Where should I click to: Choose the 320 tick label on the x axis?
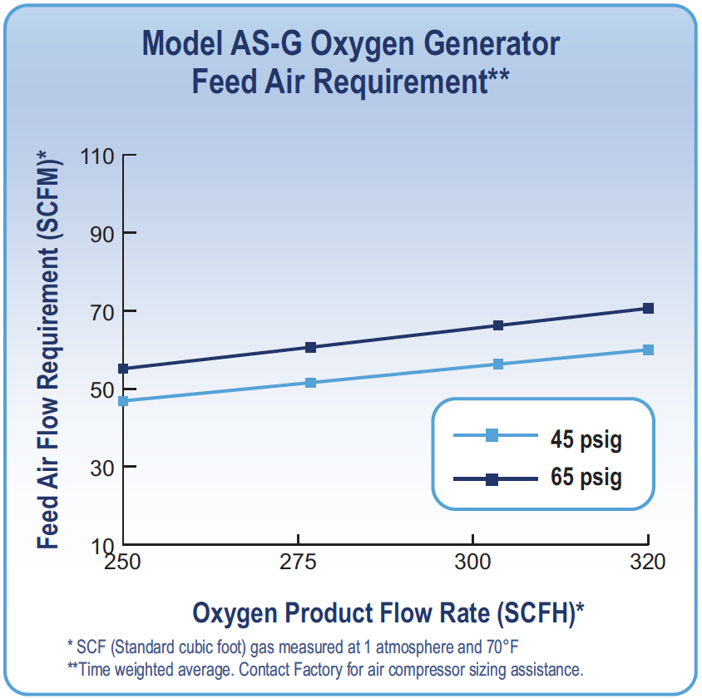647,563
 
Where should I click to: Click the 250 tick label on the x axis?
123,563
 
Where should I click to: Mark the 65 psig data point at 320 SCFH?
648,309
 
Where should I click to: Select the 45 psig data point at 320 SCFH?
648,350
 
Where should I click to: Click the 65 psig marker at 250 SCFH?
123,369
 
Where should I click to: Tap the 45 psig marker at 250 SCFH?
123,401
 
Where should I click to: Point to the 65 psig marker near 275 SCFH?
310,347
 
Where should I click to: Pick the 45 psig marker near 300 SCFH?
498,364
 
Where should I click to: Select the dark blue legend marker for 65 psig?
492,479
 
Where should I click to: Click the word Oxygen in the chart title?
356,43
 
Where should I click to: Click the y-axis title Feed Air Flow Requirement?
49,349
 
